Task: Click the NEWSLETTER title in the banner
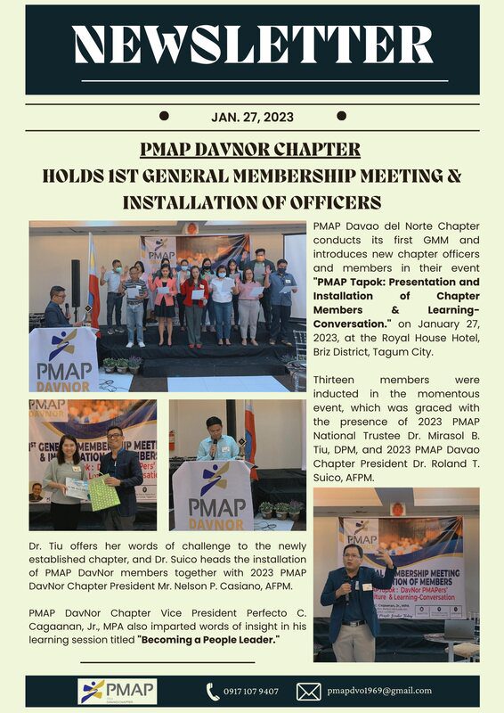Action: pyautogui.click(x=252, y=45)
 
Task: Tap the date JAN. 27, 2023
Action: pyautogui.click(x=252, y=117)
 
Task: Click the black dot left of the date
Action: pyautogui.click(x=164, y=116)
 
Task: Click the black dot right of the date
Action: pyautogui.click(x=341, y=116)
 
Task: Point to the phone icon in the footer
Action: pyautogui.click(x=213, y=692)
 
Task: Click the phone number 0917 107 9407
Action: pyautogui.click(x=251, y=692)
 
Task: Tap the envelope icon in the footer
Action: pyautogui.click(x=308, y=692)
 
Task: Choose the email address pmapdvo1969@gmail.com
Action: pyautogui.click(x=378, y=691)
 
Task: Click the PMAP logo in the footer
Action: pyautogui.click(x=118, y=692)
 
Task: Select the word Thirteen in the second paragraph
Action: pyautogui.click(x=335, y=381)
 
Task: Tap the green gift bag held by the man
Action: pyautogui.click(x=104, y=493)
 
